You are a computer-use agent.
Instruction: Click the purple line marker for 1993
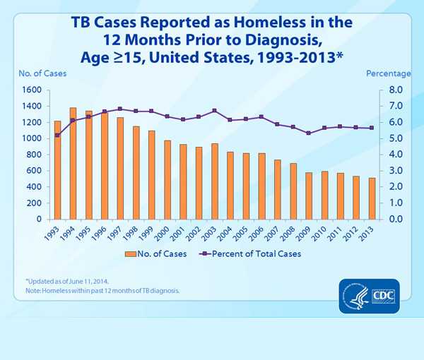(57, 135)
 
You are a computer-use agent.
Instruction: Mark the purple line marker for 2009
(308, 133)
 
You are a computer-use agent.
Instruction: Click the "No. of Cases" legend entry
(157, 253)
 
